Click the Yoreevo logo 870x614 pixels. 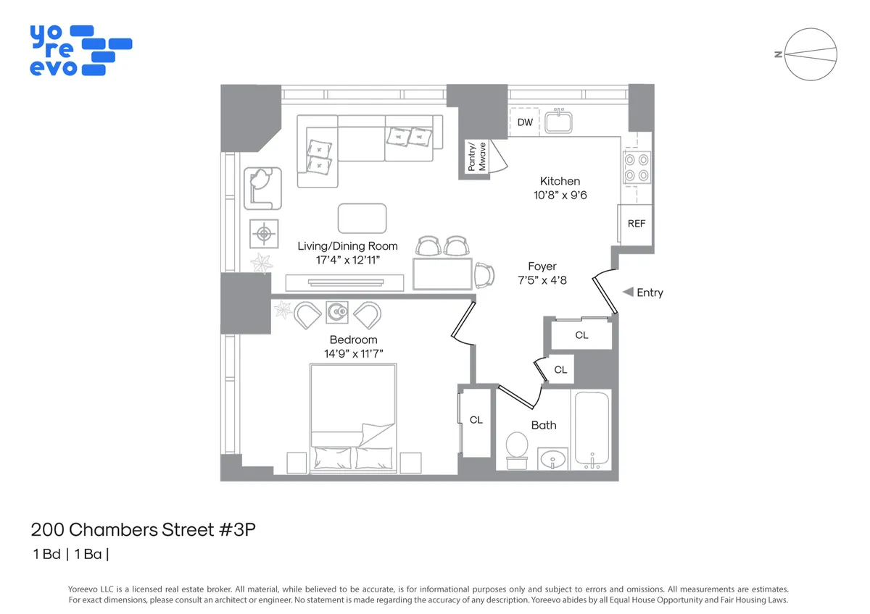pyautogui.click(x=80, y=50)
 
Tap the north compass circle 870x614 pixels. pyautogui.click(x=811, y=54)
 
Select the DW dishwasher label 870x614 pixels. pyautogui.click(x=525, y=122)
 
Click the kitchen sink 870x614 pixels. pyautogui.click(x=559, y=122)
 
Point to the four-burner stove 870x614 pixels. pyautogui.click(x=636, y=167)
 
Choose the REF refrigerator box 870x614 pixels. pyautogui.click(x=636, y=224)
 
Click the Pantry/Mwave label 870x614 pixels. pyautogui.click(x=476, y=157)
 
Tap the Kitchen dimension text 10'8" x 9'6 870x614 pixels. pyautogui.click(x=560, y=195)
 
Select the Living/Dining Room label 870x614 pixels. pyautogui.click(x=347, y=246)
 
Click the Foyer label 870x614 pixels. pyautogui.click(x=542, y=266)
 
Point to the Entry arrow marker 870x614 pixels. pyautogui.click(x=628, y=293)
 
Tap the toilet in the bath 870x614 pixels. pyautogui.click(x=516, y=446)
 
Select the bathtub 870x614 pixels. pyautogui.click(x=592, y=429)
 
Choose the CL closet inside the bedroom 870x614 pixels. pyautogui.click(x=476, y=421)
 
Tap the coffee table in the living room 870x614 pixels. pyautogui.click(x=362, y=218)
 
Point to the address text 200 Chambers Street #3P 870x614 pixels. pyautogui.click(x=144, y=530)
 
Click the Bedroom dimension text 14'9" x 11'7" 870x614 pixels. pyautogui.click(x=353, y=353)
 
